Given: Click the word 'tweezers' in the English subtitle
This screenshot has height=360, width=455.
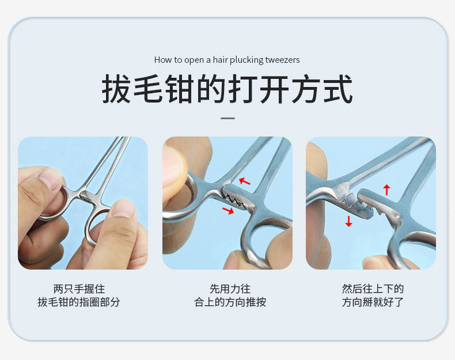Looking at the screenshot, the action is click(x=282, y=60).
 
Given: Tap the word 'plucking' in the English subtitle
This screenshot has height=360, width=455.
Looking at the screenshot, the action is click(x=247, y=60).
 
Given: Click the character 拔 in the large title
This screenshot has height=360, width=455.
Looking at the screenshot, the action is click(x=117, y=89).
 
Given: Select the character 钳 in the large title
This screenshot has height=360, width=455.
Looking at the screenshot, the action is click(x=180, y=89).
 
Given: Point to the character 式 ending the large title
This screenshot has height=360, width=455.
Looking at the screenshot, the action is click(x=338, y=89).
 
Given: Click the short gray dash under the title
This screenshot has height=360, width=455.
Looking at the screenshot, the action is click(x=228, y=118).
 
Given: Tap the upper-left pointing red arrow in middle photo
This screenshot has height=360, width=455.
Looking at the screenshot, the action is click(x=244, y=181).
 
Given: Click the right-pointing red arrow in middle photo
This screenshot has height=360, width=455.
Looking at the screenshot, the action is click(x=228, y=210).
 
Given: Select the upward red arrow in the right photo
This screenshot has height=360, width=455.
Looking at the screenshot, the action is click(x=386, y=190).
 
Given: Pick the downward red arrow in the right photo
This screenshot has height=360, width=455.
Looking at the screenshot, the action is click(x=349, y=221).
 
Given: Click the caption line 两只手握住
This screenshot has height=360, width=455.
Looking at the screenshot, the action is click(x=79, y=289).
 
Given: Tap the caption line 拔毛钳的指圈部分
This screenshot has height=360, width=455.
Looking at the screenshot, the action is click(x=79, y=302).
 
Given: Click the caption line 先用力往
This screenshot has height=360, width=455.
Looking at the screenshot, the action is click(x=230, y=289).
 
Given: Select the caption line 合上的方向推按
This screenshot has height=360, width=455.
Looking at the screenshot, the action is click(x=230, y=302).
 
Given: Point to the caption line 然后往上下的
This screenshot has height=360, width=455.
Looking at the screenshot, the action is click(x=373, y=289).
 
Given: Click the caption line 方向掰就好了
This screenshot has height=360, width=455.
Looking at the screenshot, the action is click(x=373, y=302).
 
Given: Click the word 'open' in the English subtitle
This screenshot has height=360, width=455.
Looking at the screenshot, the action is click(x=194, y=60).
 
